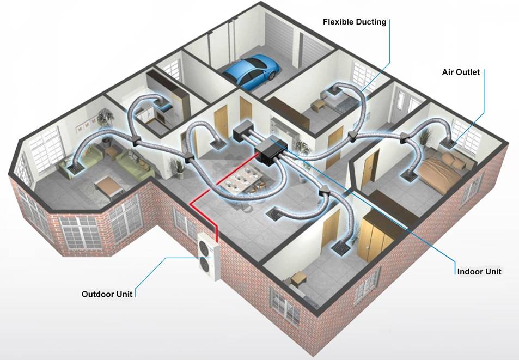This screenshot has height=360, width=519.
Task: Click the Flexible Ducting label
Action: click(x=355, y=22)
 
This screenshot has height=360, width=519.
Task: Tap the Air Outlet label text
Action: click(x=460, y=72)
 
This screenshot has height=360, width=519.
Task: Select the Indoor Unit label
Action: click(x=479, y=272)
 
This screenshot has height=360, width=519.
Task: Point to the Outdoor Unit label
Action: click(x=107, y=294)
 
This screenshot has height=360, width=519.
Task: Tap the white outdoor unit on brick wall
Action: click(x=208, y=257)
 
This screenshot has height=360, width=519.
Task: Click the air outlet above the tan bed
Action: click(x=447, y=144)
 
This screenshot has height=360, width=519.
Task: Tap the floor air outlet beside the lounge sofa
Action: click(x=75, y=169)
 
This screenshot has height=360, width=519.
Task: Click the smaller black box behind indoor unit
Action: click(x=243, y=133)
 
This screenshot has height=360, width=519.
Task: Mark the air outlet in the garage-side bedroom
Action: click(x=334, y=91)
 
